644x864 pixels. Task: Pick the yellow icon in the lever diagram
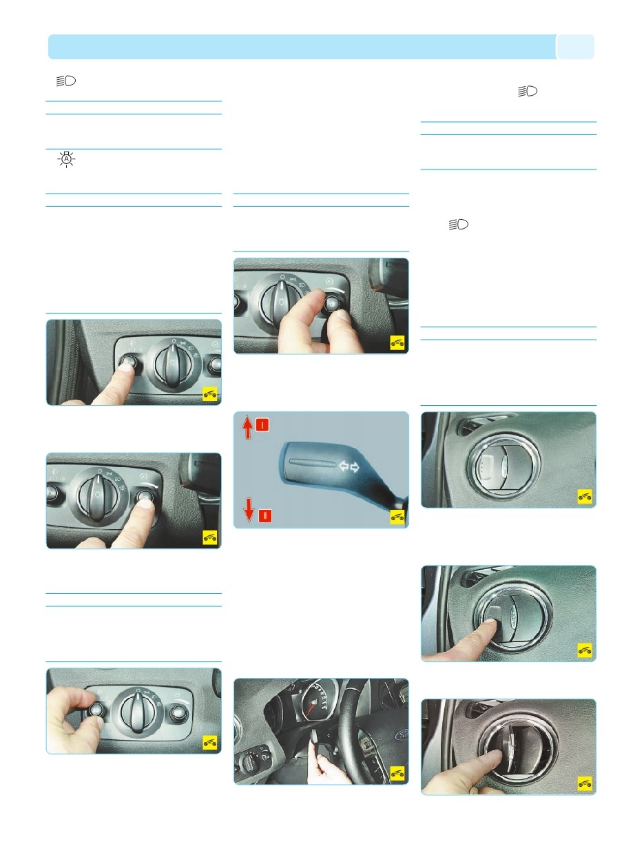396,517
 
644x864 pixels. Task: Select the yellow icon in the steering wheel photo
396,773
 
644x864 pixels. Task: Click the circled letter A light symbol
67,160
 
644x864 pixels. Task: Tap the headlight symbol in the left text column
67,81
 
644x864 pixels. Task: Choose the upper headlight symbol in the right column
528,91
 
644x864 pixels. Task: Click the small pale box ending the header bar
575,47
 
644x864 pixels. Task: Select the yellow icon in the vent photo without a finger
584,496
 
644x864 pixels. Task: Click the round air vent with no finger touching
499,462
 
